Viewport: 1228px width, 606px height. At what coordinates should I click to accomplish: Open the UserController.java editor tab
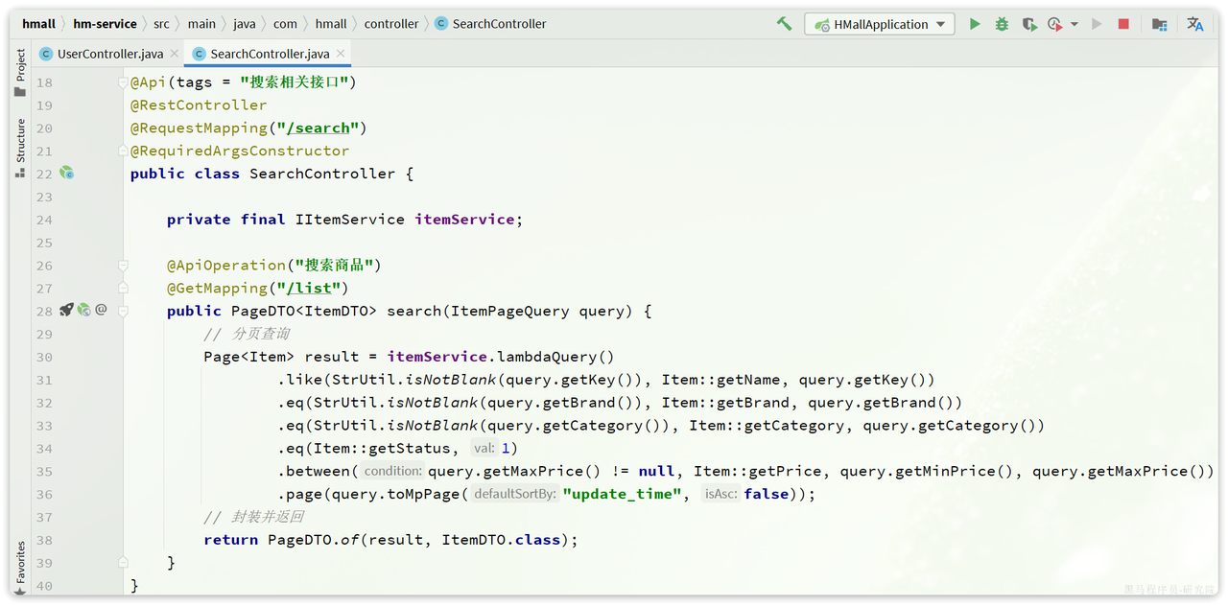pyautogui.click(x=109, y=55)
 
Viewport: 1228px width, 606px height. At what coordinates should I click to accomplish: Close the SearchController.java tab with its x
pyautogui.click(x=340, y=54)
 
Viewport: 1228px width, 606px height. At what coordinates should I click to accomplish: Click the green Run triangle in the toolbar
pyautogui.click(x=975, y=24)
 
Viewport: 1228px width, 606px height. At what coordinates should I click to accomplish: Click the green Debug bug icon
pyautogui.click(x=1002, y=24)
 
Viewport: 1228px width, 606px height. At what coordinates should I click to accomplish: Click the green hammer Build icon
pyautogui.click(x=784, y=24)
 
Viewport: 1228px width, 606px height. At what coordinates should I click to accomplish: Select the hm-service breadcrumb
pyautogui.click(x=105, y=24)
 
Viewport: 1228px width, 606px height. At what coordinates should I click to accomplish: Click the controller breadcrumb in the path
pyautogui.click(x=391, y=24)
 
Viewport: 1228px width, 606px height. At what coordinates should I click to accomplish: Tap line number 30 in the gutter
pyautogui.click(x=44, y=358)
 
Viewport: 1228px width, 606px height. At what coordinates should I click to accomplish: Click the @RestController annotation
pyautogui.click(x=199, y=105)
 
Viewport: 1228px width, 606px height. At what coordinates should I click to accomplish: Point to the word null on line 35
pyautogui.click(x=656, y=472)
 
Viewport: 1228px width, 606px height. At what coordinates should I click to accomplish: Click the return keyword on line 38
pyautogui.click(x=230, y=541)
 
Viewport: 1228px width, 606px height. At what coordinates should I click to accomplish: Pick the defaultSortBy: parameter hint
pyautogui.click(x=514, y=495)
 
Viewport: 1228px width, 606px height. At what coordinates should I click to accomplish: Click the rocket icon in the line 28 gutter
pyautogui.click(x=66, y=310)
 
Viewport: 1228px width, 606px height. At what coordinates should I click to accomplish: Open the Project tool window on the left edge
pyautogui.click(x=20, y=73)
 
